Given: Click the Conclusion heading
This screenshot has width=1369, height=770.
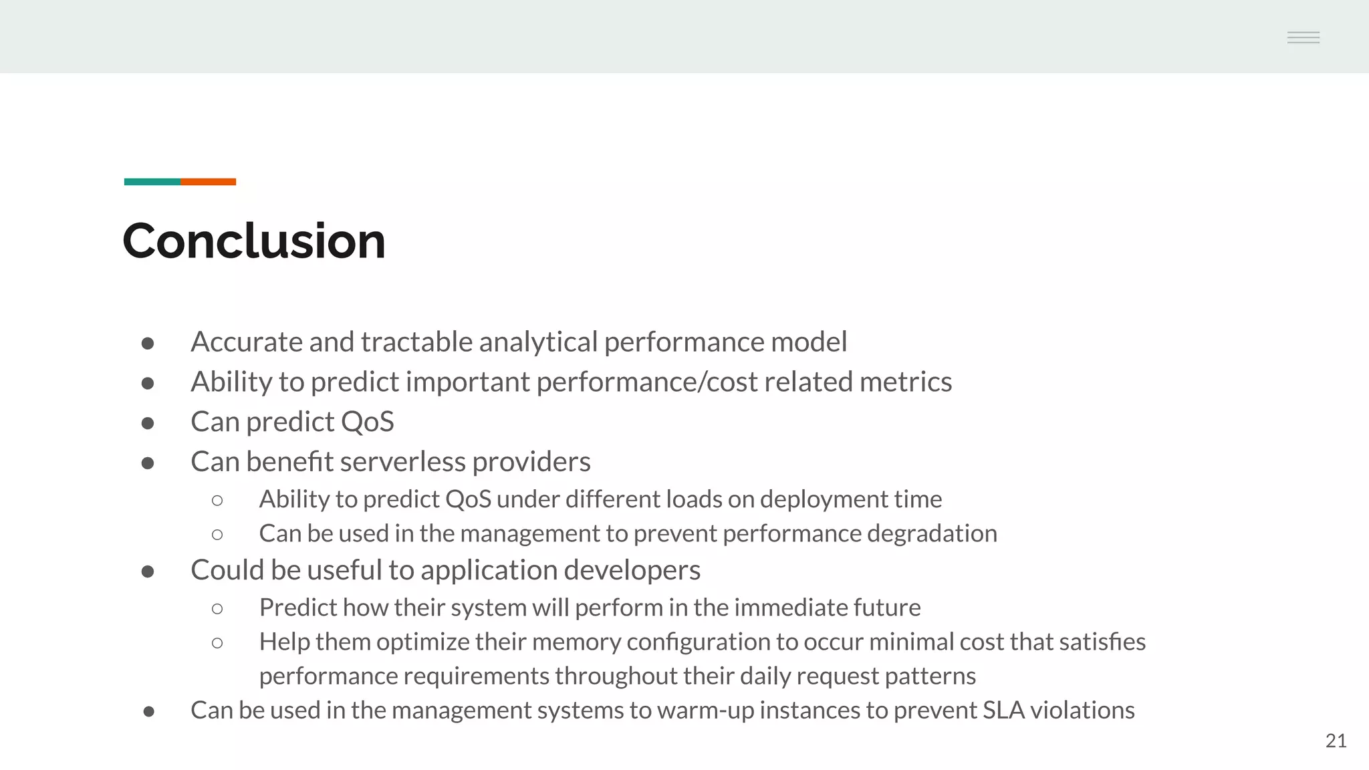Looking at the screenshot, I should (x=254, y=241).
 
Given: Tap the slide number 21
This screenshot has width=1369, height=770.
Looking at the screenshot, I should (x=1336, y=741).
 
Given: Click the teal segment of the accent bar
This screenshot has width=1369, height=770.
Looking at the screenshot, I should (x=152, y=182).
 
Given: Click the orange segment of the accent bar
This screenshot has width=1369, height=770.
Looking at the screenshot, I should (x=208, y=182).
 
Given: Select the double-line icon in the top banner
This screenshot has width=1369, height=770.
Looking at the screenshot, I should (x=1303, y=37).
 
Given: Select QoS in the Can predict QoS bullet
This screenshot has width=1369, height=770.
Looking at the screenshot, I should (x=367, y=422).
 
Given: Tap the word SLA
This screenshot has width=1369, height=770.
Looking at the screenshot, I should (x=1003, y=711).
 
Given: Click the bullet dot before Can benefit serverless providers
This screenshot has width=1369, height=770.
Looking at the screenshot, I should (x=148, y=463).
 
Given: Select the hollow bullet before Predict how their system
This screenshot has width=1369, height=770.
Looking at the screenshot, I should (x=217, y=608).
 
